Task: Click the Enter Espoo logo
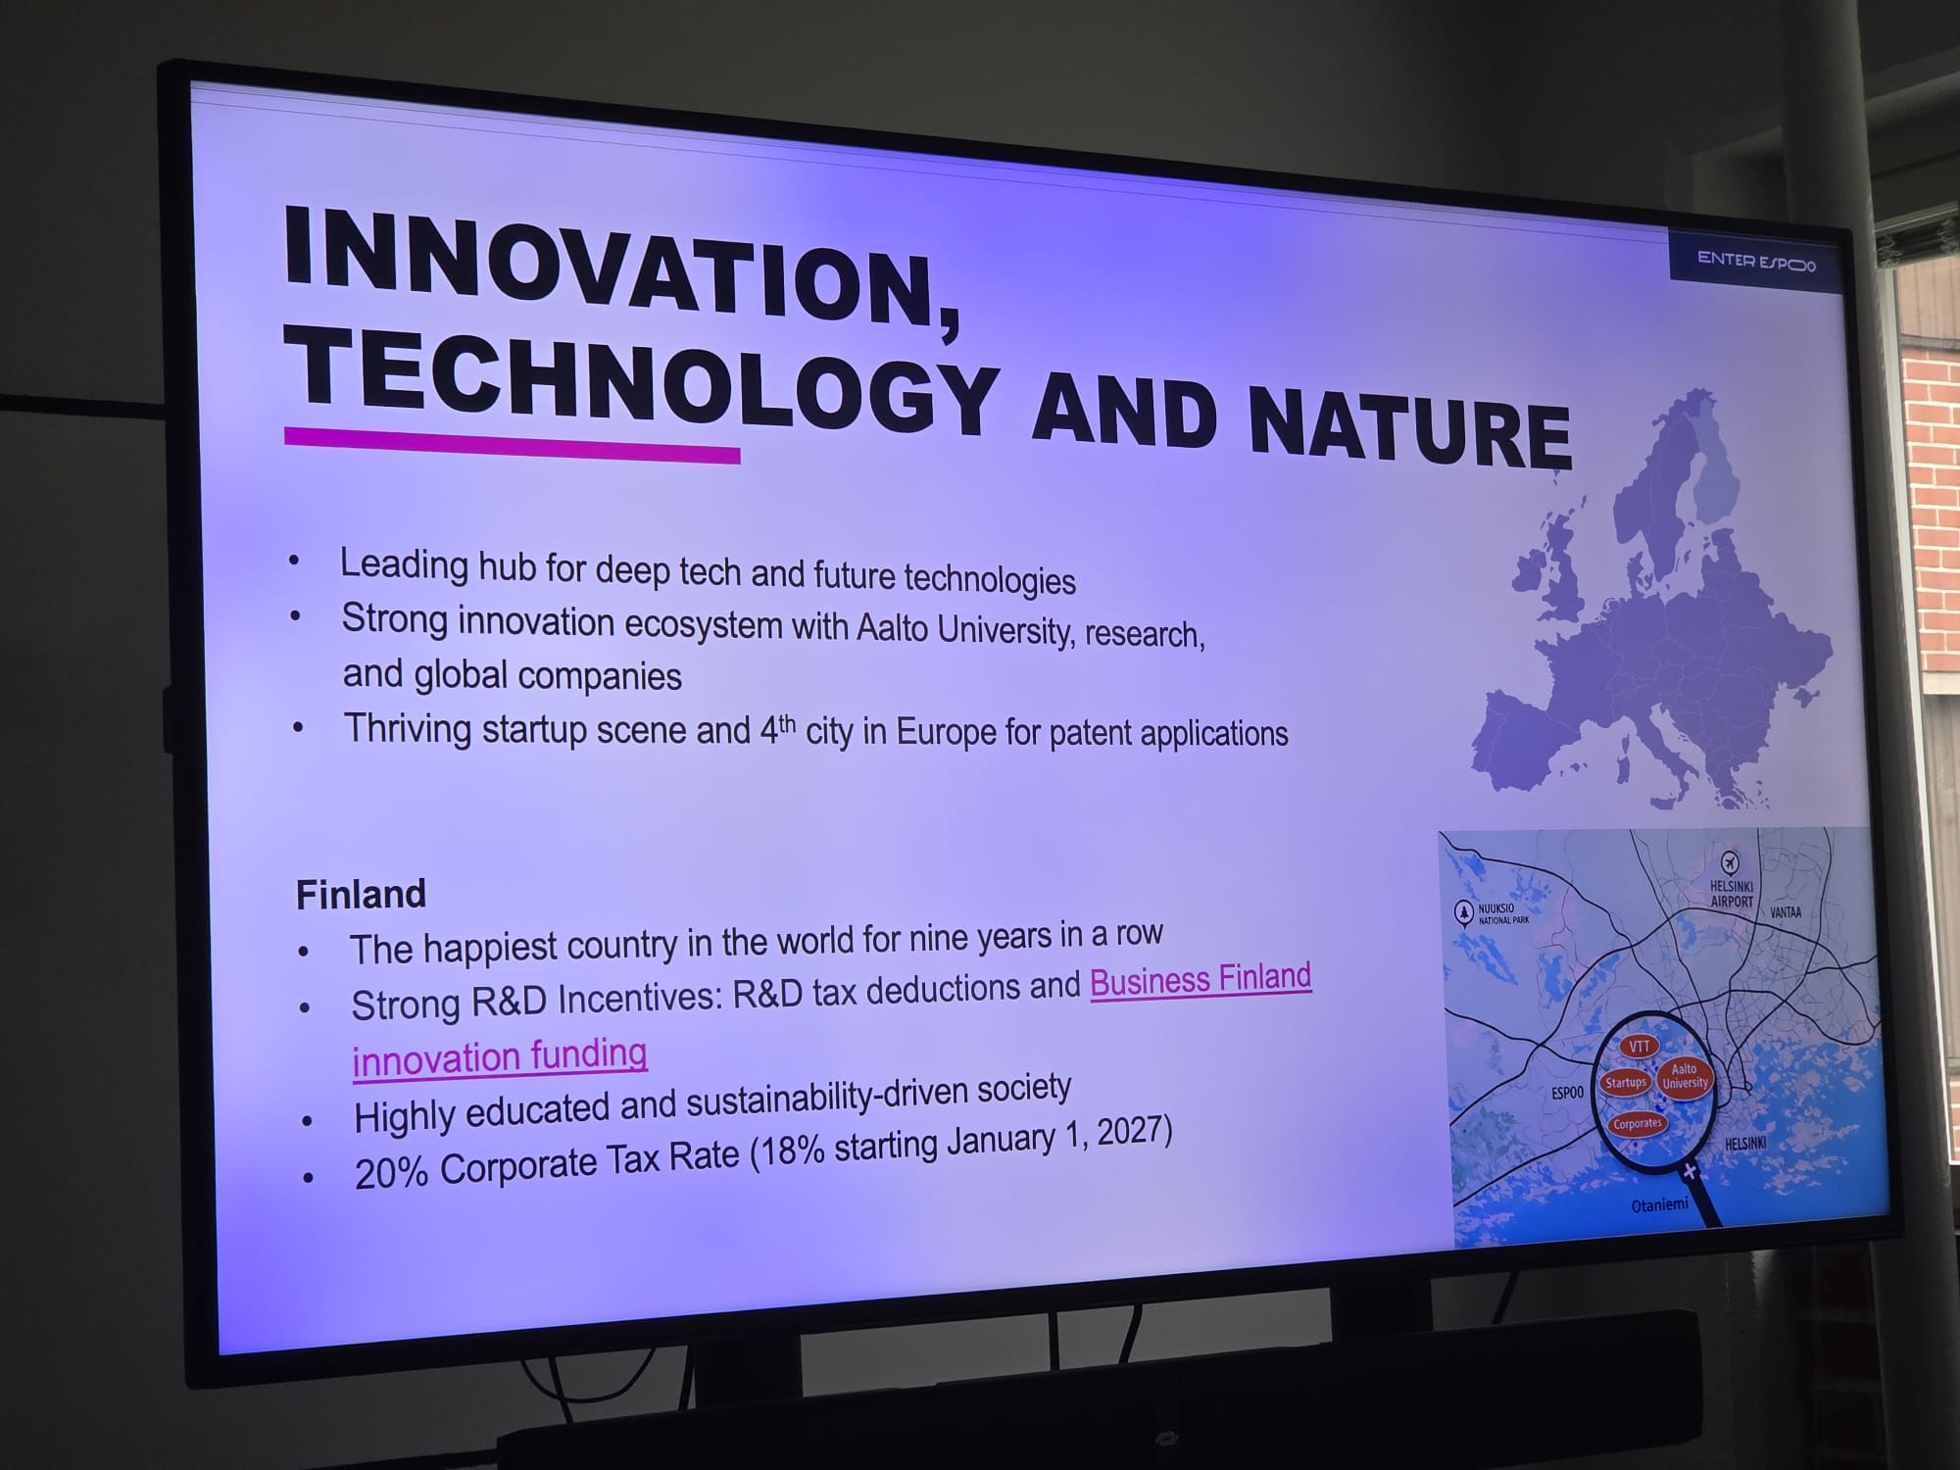[x=1756, y=262]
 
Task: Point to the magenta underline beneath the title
[x=512, y=444]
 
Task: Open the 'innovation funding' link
[x=500, y=1056]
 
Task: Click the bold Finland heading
[x=361, y=894]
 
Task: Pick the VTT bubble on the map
[x=1640, y=1047]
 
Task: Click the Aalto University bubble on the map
[x=1684, y=1076]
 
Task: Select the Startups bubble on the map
[x=1626, y=1082]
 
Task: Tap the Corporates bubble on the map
[x=1638, y=1123]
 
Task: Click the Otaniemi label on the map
[x=1659, y=1204]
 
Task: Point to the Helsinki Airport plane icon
[x=1730, y=862]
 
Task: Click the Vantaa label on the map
[x=1786, y=912]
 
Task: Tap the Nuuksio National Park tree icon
[x=1464, y=913]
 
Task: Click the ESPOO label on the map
[x=1567, y=1092]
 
